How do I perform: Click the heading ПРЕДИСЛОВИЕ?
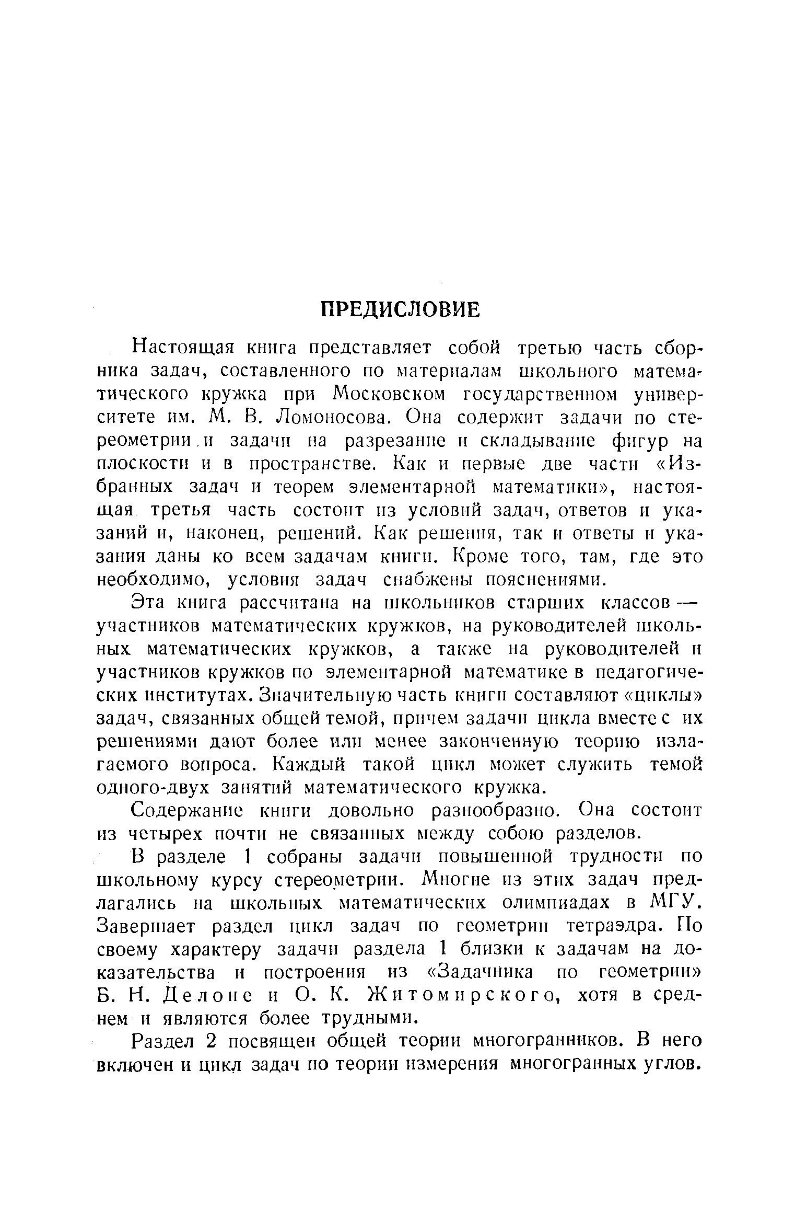pyautogui.click(x=400, y=309)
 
